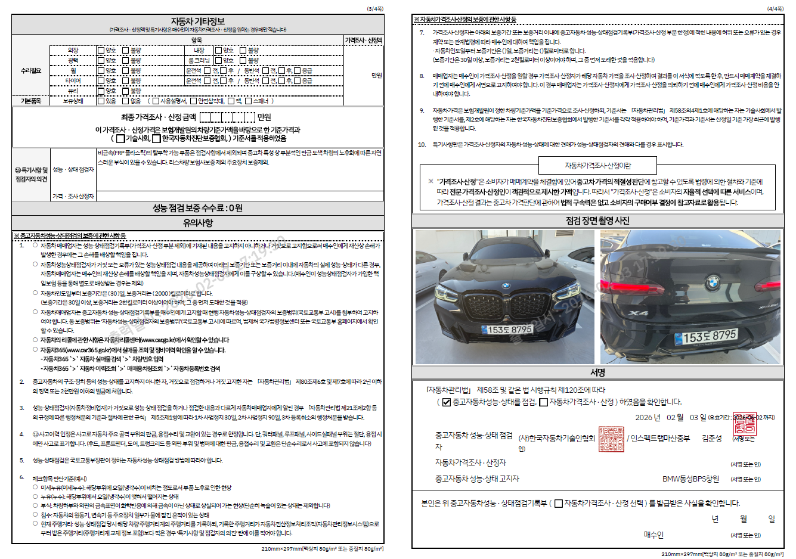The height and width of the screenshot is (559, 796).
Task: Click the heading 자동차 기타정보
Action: click(x=197, y=21)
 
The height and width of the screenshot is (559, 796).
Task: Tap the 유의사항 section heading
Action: click(x=197, y=223)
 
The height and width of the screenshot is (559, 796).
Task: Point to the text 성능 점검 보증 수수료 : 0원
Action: click(x=197, y=208)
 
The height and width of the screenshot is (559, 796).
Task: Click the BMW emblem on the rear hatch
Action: click(x=713, y=282)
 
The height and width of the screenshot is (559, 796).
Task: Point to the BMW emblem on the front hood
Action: click(x=505, y=285)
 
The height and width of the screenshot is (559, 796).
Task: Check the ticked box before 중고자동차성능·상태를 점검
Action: click(x=446, y=402)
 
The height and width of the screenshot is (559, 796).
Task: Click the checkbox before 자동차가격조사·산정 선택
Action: click(x=558, y=504)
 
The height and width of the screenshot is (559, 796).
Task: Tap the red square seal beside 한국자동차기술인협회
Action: click(x=611, y=439)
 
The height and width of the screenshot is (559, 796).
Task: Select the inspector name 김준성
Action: click(x=711, y=439)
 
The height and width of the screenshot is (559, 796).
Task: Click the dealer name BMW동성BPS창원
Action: click(x=690, y=479)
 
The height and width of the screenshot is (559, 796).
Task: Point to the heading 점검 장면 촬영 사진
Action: click(x=597, y=221)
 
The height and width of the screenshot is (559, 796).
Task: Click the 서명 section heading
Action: click(x=597, y=372)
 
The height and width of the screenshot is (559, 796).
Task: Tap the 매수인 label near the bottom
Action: click(x=653, y=535)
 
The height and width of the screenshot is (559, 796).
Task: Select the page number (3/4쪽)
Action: click(x=375, y=9)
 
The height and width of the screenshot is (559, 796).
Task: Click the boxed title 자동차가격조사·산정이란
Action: click(x=597, y=166)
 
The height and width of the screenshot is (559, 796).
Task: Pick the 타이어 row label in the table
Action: click(x=73, y=80)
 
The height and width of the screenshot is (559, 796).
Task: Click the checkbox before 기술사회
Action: click(x=120, y=139)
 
